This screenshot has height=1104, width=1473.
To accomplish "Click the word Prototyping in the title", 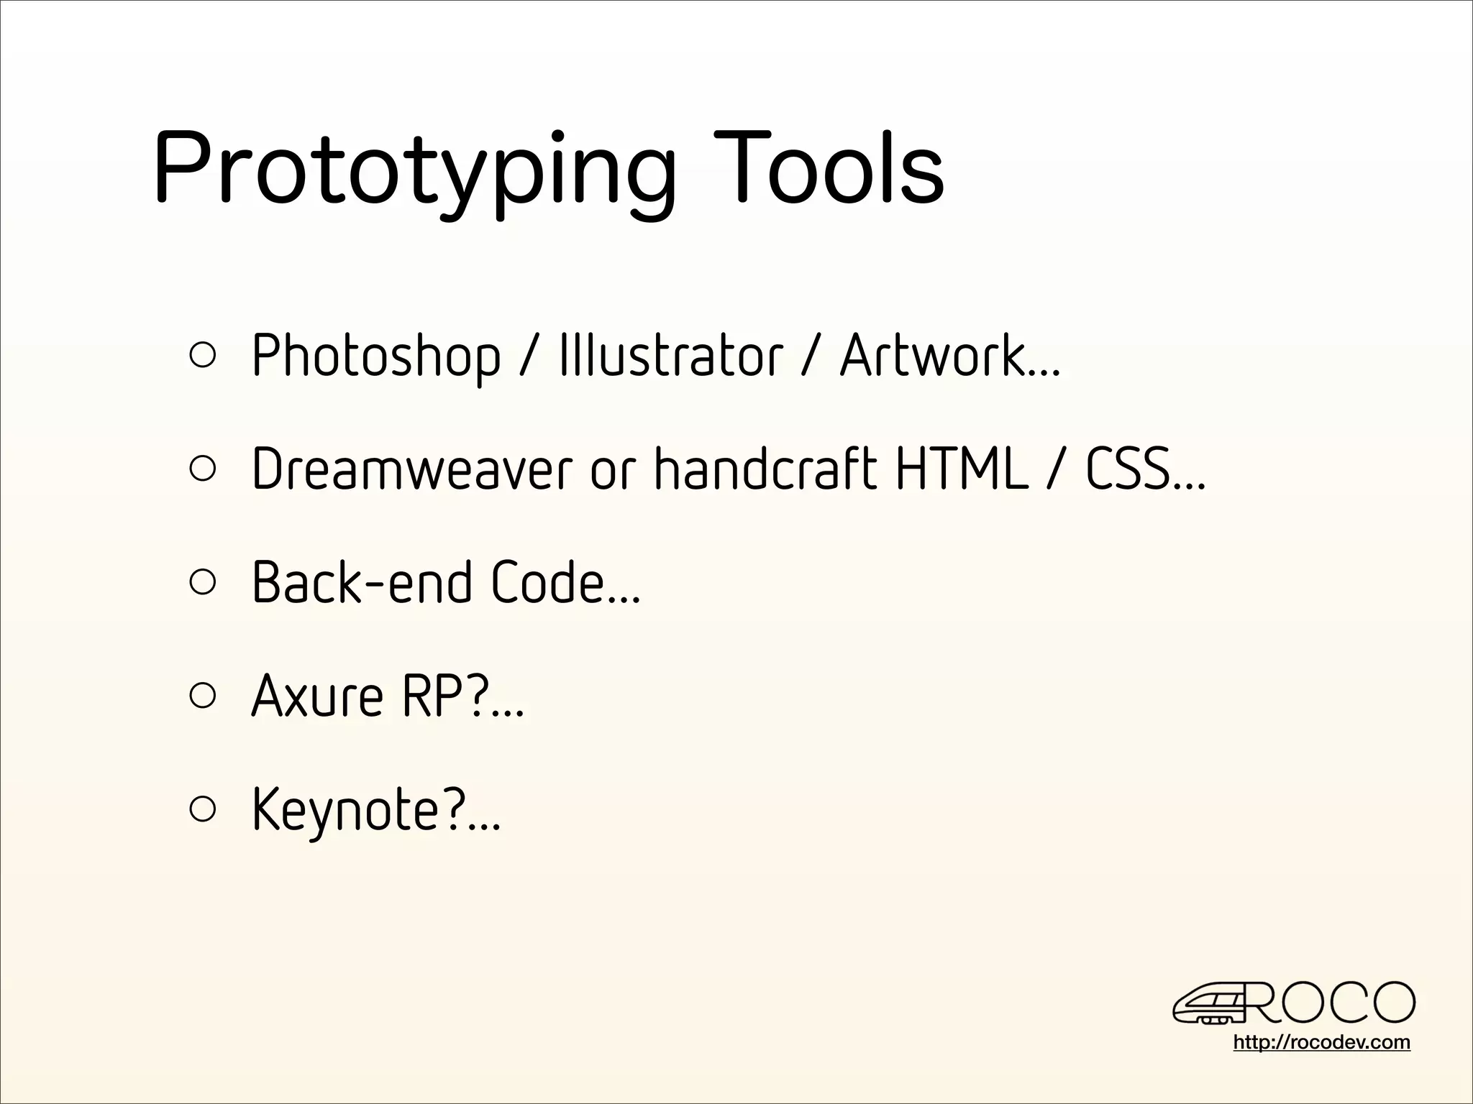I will (414, 169).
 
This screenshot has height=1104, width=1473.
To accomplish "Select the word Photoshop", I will (375, 355).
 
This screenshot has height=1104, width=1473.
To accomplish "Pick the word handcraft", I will (765, 469).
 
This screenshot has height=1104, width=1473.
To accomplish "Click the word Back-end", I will (362, 582).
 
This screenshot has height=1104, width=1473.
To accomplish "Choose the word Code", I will (548, 582).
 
